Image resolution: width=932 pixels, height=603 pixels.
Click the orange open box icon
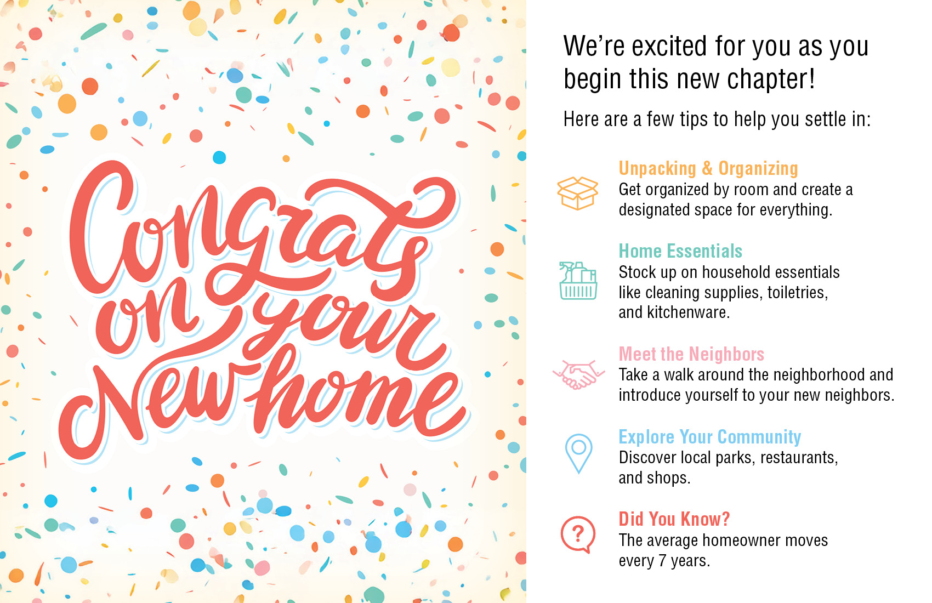(577, 193)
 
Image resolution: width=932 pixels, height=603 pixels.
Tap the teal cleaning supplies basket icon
(578, 281)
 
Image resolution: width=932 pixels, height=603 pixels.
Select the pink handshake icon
(578, 374)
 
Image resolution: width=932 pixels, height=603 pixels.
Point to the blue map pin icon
(579, 453)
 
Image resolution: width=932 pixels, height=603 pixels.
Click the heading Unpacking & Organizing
(708, 168)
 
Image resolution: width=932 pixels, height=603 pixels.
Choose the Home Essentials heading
(680, 251)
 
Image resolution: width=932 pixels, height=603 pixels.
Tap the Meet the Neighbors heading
(691, 354)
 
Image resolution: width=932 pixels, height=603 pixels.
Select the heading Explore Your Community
(709, 436)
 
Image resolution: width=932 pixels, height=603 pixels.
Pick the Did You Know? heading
(674, 519)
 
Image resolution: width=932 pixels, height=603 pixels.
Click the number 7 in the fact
(662, 561)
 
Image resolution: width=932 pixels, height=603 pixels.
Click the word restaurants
(799, 458)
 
